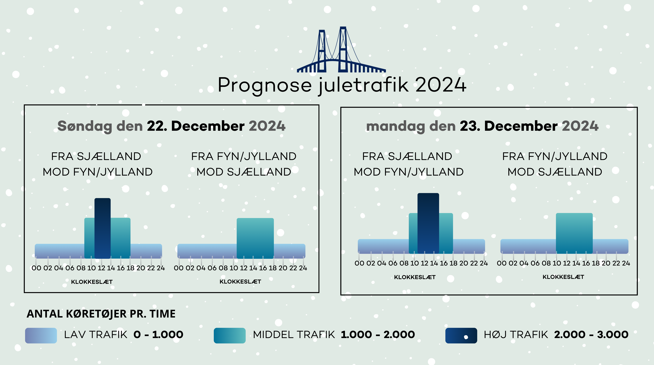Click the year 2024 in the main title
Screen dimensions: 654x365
441,85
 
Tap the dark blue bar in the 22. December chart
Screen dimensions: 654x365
103,228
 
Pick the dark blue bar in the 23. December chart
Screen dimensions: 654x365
428,223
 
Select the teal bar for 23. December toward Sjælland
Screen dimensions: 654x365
574,233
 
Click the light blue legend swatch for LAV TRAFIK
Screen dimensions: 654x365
41,336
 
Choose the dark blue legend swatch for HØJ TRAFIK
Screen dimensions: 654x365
461,336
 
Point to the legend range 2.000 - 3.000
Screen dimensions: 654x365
591,335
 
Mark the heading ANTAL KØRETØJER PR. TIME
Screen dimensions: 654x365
101,314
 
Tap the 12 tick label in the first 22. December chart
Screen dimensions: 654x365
101,268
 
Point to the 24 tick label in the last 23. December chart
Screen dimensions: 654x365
626,263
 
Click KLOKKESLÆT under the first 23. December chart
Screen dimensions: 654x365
415,277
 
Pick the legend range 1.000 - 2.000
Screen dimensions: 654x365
378,335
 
